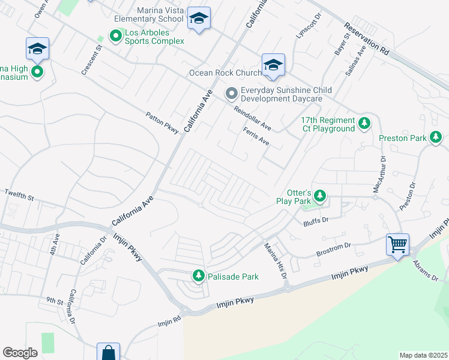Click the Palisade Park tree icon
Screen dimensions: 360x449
coord(199,276)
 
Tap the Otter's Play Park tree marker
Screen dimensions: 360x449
coord(321,196)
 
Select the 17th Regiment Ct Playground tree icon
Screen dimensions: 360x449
coord(364,124)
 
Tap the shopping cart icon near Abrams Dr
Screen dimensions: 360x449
coord(397,245)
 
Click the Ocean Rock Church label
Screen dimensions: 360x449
coord(225,73)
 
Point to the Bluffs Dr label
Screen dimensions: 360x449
coord(317,220)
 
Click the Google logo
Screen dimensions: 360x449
coord(20,353)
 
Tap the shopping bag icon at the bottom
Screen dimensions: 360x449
coord(108,352)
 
